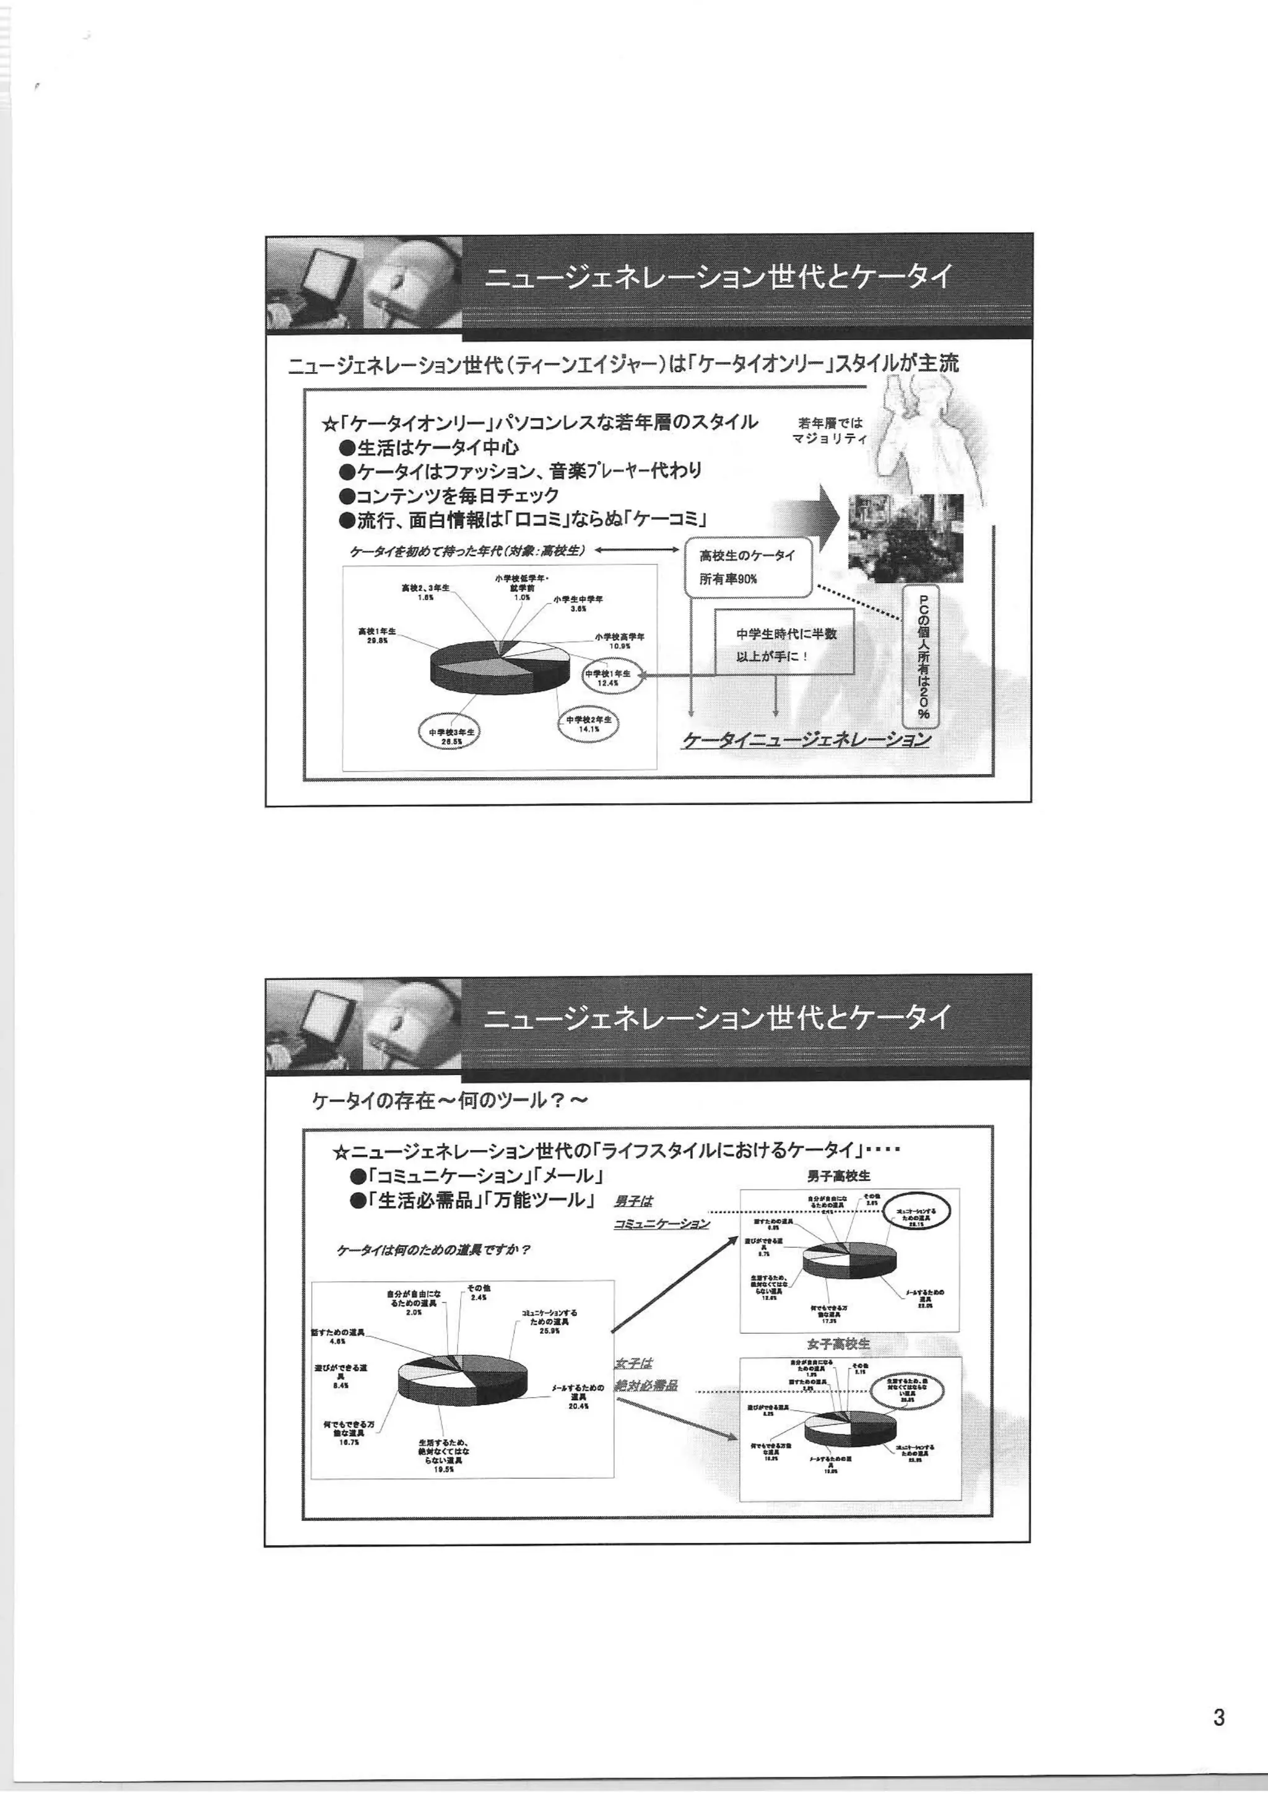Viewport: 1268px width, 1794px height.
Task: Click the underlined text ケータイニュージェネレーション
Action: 806,739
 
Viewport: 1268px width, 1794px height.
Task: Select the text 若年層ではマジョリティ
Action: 830,430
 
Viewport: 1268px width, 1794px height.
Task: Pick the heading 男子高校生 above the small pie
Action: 839,1175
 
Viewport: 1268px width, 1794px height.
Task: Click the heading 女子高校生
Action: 838,1344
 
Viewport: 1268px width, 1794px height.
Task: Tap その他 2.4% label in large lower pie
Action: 478,1292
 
